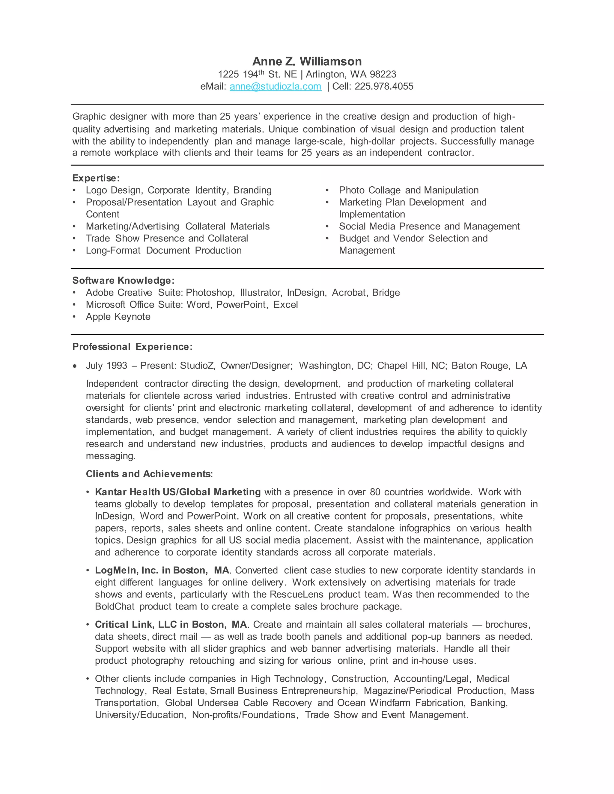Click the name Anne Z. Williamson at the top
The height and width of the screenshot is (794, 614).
click(x=307, y=61)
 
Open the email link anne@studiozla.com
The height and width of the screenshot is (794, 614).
click(x=275, y=86)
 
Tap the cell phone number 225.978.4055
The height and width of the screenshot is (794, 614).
click(x=384, y=86)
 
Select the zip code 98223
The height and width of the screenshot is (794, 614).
click(x=383, y=74)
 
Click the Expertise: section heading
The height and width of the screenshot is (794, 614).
click(x=96, y=178)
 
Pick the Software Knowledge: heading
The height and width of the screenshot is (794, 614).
click(x=123, y=280)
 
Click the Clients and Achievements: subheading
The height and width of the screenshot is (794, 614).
click(x=149, y=474)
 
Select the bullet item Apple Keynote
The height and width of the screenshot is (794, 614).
click(x=118, y=317)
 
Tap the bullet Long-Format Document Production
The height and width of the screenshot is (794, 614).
click(x=163, y=250)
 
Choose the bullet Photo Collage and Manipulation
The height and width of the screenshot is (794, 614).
click(x=409, y=190)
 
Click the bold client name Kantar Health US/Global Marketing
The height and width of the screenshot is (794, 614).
click(x=177, y=492)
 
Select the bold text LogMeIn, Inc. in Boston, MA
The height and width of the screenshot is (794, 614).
click(x=162, y=570)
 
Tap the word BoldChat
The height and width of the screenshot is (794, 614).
click(x=115, y=606)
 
